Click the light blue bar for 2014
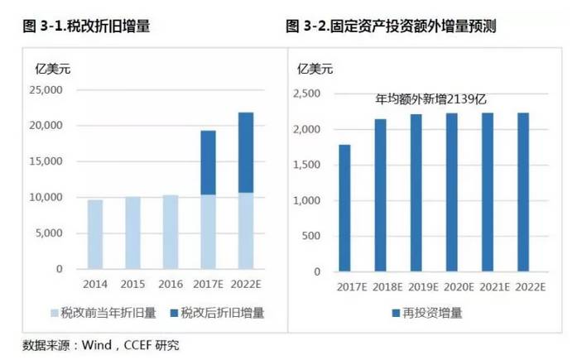click(x=95, y=234)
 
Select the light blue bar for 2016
click(x=171, y=232)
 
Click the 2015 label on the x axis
click(x=132, y=286)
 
